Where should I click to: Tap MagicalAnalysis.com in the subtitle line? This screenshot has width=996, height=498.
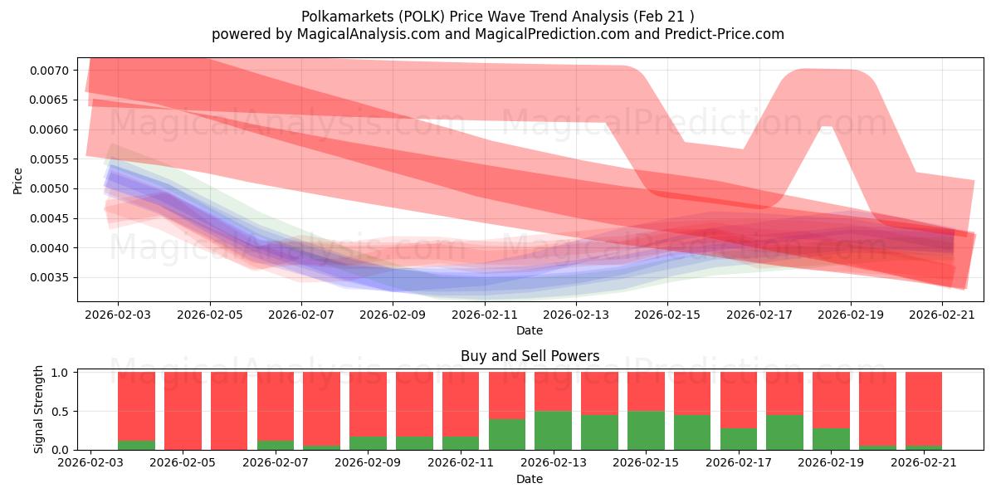(x=369, y=34)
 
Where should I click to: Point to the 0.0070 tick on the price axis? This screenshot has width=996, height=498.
(x=49, y=71)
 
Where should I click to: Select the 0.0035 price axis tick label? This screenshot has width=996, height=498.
(x=49, y=278)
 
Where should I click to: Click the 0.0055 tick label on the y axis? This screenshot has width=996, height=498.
(x=49, y=159)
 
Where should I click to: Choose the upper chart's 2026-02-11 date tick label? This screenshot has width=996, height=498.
(x=485, y=315)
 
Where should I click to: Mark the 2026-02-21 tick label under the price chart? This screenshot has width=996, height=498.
(x=942, y=315)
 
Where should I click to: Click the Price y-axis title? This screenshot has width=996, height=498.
(x=17, y=181)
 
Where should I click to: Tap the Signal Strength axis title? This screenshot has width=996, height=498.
(x=38, y=409)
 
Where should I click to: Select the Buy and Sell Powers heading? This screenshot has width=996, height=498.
(x=530, y=356)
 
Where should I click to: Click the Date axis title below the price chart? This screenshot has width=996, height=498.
(x=530, y=331)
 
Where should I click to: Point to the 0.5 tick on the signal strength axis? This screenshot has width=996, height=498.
(x=60, y=412)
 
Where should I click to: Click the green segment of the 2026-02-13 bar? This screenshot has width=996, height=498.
(x=553, y=431)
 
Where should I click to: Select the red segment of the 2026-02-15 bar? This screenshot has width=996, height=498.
(x=646, y=392)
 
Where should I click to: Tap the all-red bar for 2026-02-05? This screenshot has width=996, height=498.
(x=183, y=411)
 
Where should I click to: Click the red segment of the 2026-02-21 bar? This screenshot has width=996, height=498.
(x=924, y=409)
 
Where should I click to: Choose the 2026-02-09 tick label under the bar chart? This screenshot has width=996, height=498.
(x=368, y=463)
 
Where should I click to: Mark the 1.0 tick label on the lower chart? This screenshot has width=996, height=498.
(x=60, y=373)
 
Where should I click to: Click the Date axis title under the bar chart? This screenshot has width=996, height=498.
(x=530, y=480)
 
